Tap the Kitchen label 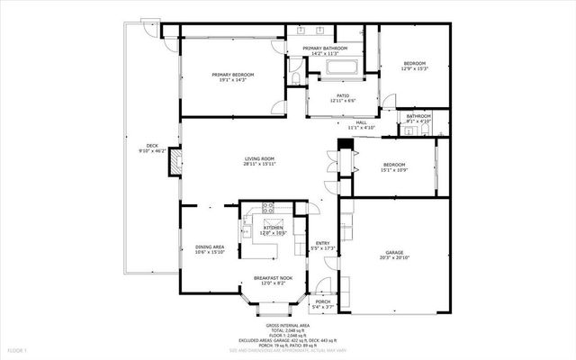(272, 229)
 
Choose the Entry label (321, 244)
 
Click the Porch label (335, 303)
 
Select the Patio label (343, 97)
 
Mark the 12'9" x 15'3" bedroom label (414, 66)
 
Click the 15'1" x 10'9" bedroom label (394, 167)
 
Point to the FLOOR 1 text (18, 349)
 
